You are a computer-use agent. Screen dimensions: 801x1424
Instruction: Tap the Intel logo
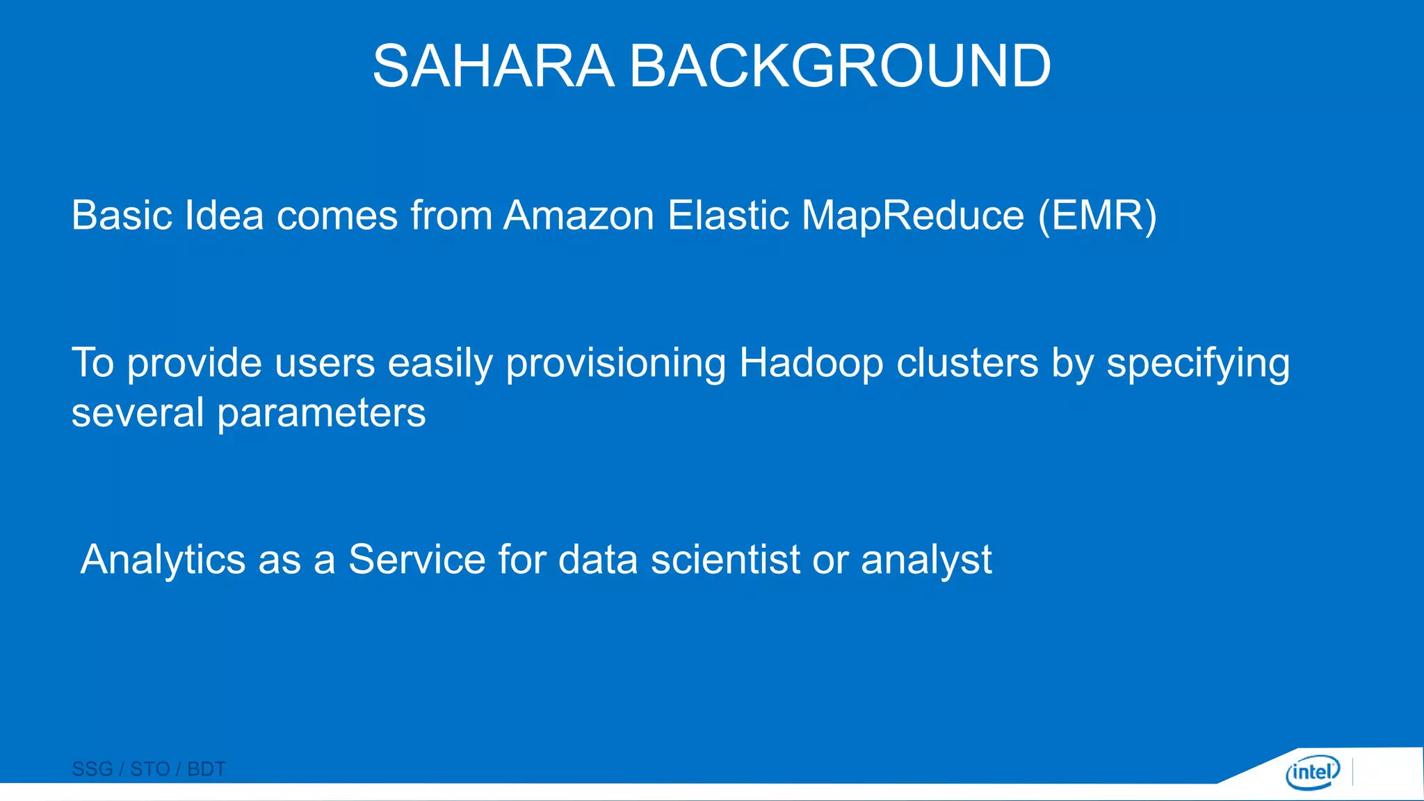click(x=1313, y=772)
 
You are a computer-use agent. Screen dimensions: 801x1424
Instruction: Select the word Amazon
click(x=578, y=215)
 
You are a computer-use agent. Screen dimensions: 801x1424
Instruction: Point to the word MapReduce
click(x=913, y=215)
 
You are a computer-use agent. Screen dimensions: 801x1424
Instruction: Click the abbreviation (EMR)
click(x=1097, y=215)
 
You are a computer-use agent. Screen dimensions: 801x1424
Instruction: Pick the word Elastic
click(x=728, y=215)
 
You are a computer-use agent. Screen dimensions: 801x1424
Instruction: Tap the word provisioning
click(x=616, y=363)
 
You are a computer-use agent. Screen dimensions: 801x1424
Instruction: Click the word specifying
click(x=1197, y=363)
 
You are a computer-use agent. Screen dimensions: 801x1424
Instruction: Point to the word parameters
click(x=321, y=414)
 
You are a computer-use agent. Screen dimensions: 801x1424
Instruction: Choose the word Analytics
click(x=163, y=560)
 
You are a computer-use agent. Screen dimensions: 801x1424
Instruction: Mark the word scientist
click(x=725, y=560)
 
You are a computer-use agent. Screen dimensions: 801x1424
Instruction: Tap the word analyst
click(x=926, y=560)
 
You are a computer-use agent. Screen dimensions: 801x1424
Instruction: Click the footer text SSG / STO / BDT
click(x=149, y=769)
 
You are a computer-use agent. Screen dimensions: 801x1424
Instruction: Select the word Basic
click(x=122, y=215)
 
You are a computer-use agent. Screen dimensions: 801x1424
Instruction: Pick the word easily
click(x=440, y=363)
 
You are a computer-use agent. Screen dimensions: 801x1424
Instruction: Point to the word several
click(x=138, y=414)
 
